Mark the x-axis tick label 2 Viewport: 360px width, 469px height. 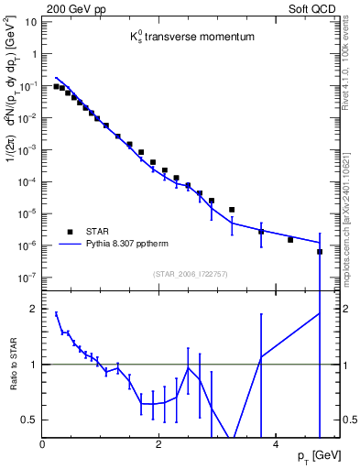tap(159, 442)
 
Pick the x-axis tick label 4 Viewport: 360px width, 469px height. tap(276, 442)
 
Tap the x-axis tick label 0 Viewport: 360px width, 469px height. tap(43, 442)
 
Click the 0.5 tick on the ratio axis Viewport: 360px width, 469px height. tap(29, 420)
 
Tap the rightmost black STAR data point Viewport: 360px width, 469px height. tap(320, 251)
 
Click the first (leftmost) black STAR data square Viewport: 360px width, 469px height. tap(56, 86)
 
